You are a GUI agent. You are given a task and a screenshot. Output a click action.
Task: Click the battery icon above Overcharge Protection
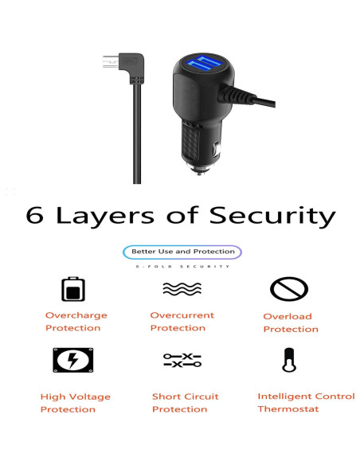[74, 288]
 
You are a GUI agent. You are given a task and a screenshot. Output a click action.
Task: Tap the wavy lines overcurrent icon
[182, 288]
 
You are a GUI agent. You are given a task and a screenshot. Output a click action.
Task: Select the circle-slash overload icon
[288, 287]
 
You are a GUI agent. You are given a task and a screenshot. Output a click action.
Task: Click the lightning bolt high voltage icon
[72, 361]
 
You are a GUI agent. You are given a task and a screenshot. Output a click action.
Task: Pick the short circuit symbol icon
[182, 361]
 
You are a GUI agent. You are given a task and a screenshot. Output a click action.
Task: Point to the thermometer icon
[288, 361]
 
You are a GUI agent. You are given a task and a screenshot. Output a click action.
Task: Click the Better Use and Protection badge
[182, 252]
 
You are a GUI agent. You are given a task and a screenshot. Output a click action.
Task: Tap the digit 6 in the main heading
[35, 216]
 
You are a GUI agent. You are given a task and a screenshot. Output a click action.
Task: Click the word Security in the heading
[273, 217]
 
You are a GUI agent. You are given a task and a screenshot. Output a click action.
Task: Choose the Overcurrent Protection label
[182, 322]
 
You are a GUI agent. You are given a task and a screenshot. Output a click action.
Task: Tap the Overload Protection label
[290, 322]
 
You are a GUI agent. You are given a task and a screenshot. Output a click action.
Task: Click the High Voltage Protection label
[75, 403]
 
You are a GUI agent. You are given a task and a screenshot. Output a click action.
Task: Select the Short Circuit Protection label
[185, 403]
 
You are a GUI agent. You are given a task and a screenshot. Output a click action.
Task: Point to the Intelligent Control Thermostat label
[305, 402]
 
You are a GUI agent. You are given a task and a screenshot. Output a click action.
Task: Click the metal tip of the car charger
[199, 166]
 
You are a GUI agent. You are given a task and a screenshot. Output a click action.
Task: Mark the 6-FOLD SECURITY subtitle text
[182, 266]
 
